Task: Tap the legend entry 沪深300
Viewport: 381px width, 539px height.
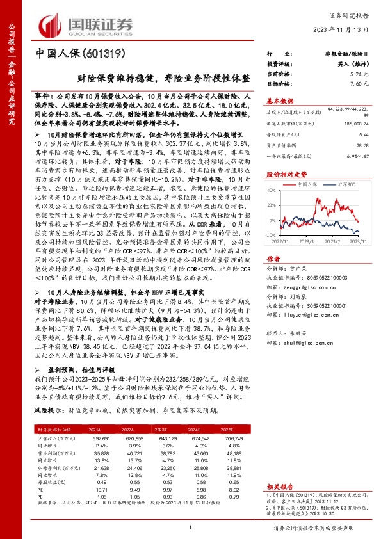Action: click(x=343, y=184)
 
